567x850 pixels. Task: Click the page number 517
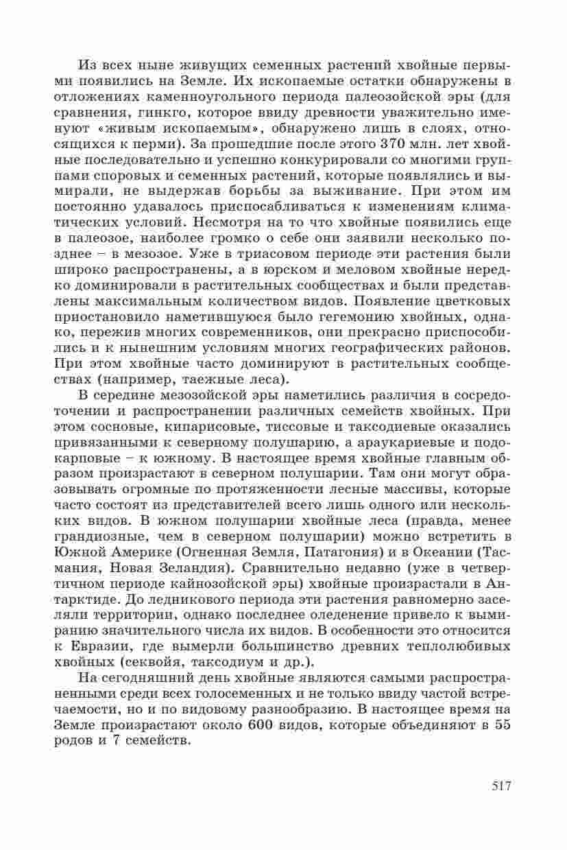click(x=502, y=786)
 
